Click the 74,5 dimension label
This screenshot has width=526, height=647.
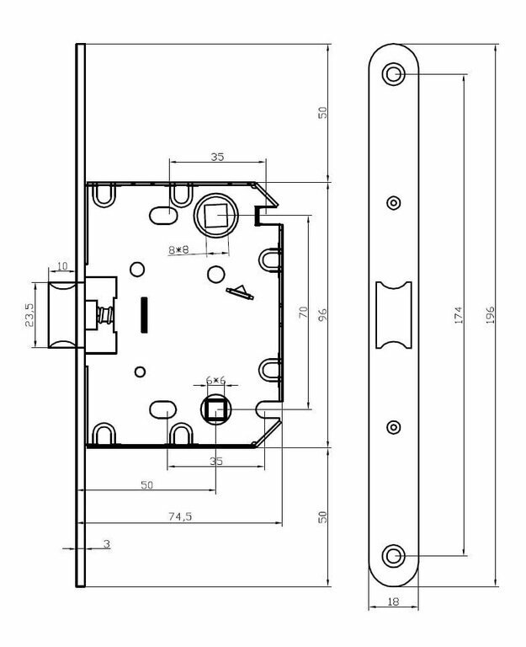pos(180,516)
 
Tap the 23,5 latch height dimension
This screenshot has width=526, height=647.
pos(29,315)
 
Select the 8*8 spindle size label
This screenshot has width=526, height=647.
pos(178,249)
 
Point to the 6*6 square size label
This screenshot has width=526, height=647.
pos(216,381)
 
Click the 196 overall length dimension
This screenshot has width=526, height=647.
pos(490,314)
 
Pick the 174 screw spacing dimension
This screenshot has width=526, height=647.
pos(459,315)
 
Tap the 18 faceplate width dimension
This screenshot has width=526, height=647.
pos(393,602)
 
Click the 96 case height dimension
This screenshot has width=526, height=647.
pos(323,314)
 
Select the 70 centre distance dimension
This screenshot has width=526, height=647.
pos(303,312)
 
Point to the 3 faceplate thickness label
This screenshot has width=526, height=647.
pos(107,544)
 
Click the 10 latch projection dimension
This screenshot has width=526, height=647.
pos(61,266)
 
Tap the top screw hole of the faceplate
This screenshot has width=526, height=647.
pos(394,74)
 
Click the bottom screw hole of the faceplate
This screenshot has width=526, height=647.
pos(394,556)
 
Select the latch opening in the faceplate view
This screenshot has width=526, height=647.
pos(394,315)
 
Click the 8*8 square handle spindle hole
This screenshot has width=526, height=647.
pos(216,216)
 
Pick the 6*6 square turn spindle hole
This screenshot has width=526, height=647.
pos(216,409)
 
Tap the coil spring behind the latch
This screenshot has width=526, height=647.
pos(104,315)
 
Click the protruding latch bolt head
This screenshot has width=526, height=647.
pos(62,315)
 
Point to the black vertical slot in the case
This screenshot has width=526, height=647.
pos(144,314)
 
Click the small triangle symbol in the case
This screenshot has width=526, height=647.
pos(240,292)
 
